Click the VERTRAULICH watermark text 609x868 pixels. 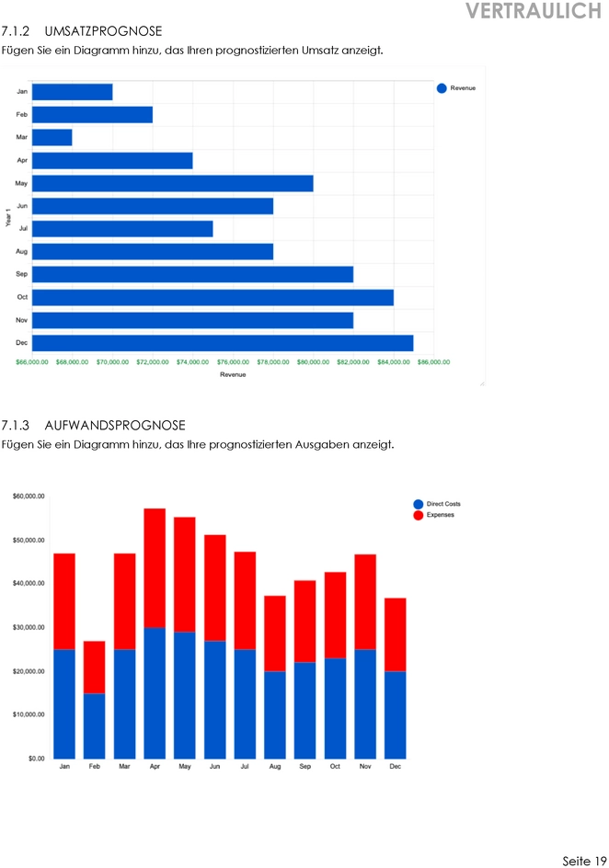pos(533,11)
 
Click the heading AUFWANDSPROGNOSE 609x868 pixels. pos(115,426)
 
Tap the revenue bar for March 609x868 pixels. pos(52,138)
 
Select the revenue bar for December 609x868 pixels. pos(223,343)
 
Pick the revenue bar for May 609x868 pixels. pos(173,183)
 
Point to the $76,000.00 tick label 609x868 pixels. pos(233,362)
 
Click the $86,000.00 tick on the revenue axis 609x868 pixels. pos(433,362)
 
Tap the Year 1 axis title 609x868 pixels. pos(8,218)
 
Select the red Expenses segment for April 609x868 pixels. pos(155,567)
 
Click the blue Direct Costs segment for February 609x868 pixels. pos(95,725)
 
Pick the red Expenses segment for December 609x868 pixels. pos(395,634)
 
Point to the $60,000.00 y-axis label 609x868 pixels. pos(29,497)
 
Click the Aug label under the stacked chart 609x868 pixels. pos(274,766)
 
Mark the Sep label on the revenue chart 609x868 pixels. pos(21,274)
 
